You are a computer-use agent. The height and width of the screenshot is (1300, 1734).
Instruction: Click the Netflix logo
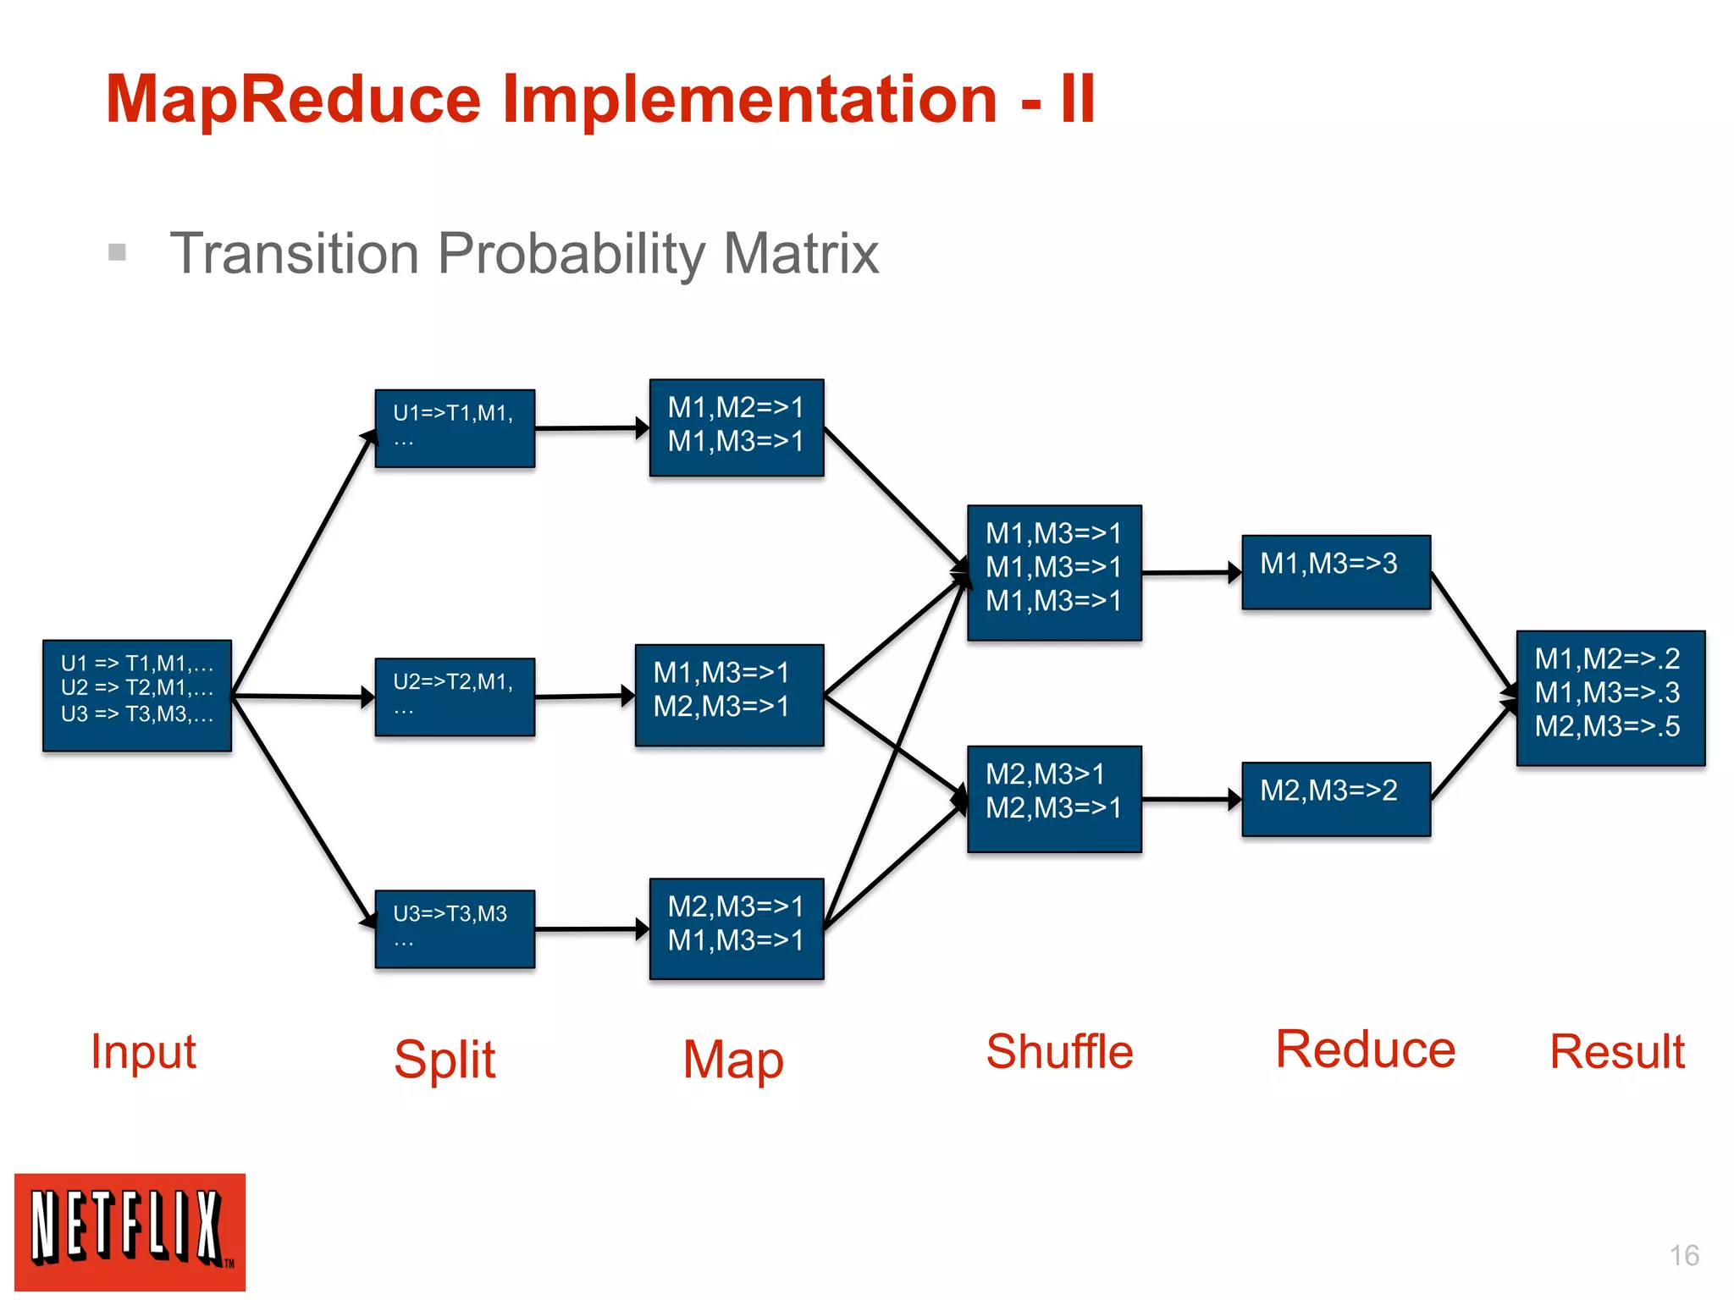[130, 1231]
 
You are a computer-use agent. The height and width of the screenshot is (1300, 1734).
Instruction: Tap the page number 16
[1683, 1255]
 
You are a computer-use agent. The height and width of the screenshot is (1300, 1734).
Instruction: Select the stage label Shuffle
[1059, 1052]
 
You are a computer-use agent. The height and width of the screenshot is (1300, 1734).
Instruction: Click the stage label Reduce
[1365, 1050]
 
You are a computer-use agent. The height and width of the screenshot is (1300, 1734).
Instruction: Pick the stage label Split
[445, 1059]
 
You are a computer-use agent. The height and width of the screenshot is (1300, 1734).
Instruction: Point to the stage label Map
[733, 1060]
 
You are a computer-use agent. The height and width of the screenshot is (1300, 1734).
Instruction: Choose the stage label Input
[143, 1052]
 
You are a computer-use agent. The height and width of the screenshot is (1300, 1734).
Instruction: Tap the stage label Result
[1616, 1052]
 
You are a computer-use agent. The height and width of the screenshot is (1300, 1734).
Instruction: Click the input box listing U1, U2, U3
[137, 695]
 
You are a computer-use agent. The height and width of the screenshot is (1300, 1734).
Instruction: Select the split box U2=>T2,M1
[455, 697]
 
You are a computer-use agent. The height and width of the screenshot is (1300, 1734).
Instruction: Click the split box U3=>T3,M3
[455, 928]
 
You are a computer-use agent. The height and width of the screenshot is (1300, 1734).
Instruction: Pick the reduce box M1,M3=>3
[1335, 571]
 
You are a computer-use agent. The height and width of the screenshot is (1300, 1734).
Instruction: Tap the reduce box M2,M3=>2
[1335, 798]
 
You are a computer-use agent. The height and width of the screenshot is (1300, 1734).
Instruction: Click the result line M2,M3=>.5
[1606, 726]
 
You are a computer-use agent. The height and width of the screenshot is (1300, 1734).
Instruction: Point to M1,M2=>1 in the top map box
[735, 408]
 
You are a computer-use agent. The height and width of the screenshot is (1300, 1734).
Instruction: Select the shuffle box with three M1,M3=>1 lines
[1054, 572]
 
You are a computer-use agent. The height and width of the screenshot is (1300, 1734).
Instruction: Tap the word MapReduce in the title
[293, 100]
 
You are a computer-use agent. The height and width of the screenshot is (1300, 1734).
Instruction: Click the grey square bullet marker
[118, 252]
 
